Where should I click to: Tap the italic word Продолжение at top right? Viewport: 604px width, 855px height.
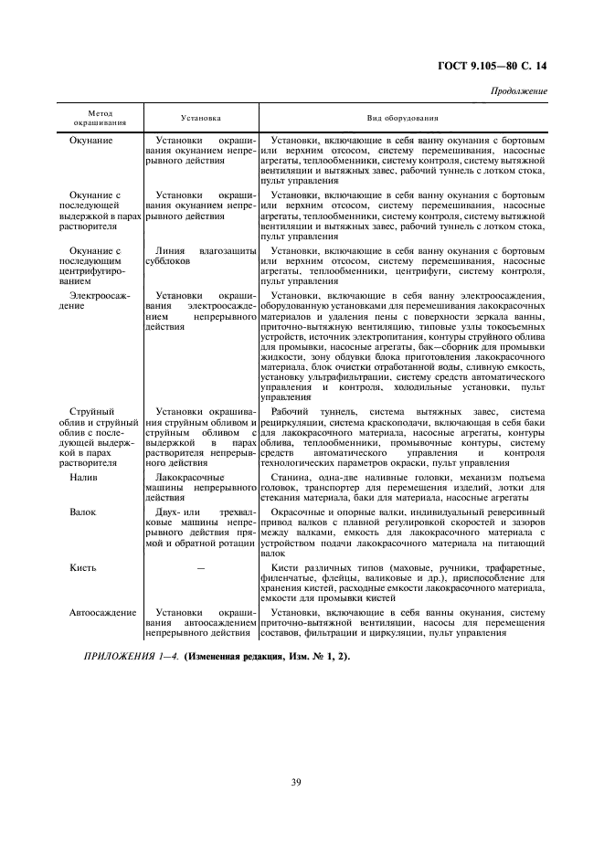pos(519,91)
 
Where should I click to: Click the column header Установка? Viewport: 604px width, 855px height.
pos(200,118)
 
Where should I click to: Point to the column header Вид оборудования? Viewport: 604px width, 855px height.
pos(403,118)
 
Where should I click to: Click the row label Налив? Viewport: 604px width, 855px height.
pos(83,478)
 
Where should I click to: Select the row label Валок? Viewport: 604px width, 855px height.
pos(83,513)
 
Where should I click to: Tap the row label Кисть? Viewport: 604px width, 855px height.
pos(83,567)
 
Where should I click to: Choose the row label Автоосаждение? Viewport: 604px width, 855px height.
pos(101,612)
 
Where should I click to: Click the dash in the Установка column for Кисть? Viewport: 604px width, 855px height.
pos(201,568)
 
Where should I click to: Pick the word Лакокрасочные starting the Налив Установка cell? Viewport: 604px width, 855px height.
pos(189,478)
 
